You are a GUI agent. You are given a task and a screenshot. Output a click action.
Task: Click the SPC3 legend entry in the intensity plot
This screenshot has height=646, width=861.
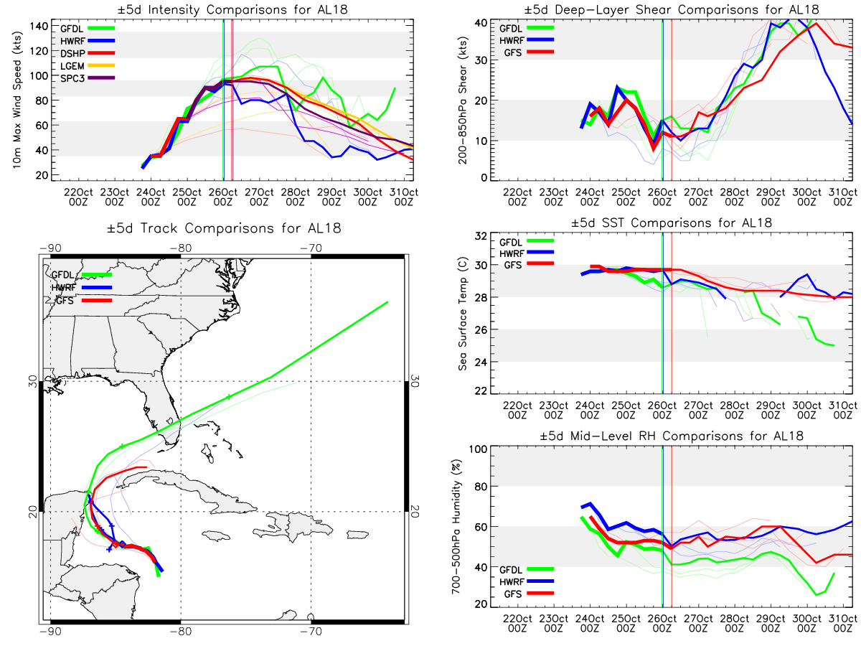click(87, 78)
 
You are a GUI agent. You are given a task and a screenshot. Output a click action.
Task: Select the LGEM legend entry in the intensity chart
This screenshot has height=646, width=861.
click(87, 66)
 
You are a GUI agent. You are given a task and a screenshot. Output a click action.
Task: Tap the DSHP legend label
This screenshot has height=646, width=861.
click(72, 53)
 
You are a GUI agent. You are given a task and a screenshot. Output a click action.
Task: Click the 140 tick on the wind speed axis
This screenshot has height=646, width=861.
click(39, 27)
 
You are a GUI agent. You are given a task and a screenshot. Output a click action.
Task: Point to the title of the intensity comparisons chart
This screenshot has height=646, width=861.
click(232, 9)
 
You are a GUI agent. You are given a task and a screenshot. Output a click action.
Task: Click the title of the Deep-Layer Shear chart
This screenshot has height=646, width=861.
click(671, 9)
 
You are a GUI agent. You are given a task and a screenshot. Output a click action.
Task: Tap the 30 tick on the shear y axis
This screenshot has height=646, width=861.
click(481, 60)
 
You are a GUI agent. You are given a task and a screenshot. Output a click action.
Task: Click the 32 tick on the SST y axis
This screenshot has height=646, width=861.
click(481, 235)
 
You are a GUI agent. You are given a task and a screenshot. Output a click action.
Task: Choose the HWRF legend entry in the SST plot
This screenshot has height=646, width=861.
click(527, 253)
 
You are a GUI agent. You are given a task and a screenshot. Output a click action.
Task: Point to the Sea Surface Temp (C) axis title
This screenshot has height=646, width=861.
click(463, 314)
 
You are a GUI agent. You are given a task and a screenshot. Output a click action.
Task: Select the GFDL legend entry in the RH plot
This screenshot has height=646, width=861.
click(527, 569)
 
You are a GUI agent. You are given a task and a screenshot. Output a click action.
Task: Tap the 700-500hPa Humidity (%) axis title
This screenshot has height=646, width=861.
click(456, 526)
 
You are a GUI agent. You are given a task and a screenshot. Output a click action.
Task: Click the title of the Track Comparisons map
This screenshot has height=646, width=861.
click(224, 228)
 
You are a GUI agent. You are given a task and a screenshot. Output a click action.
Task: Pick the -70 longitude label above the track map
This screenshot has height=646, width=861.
click(311, 248)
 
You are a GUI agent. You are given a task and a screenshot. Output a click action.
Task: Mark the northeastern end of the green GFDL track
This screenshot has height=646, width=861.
click(387, 302)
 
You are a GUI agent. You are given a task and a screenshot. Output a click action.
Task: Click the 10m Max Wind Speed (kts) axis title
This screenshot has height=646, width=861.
click(17, 100)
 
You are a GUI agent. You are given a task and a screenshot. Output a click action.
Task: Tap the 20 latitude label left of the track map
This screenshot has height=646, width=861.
click(33, 512)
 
